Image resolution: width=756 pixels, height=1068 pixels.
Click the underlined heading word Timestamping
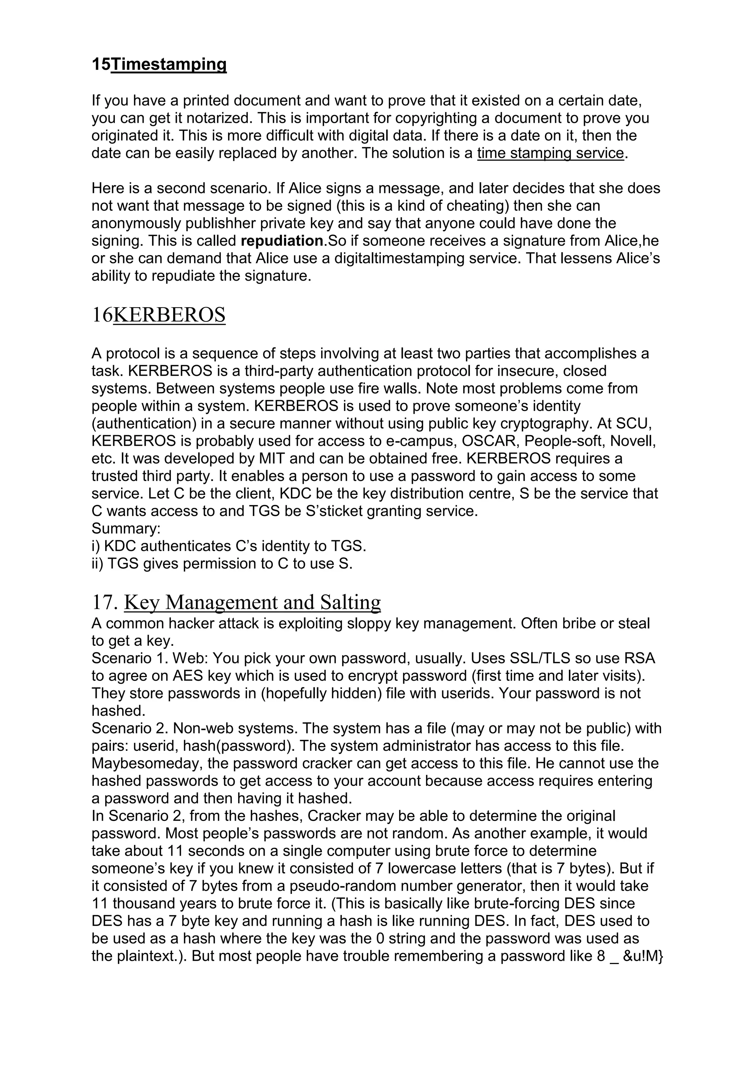click(169, 65)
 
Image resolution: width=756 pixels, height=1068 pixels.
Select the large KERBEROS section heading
click(169, 315)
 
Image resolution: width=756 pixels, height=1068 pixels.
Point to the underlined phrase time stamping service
click(550, 153)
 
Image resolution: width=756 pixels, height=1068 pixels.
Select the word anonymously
click(136, 223)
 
